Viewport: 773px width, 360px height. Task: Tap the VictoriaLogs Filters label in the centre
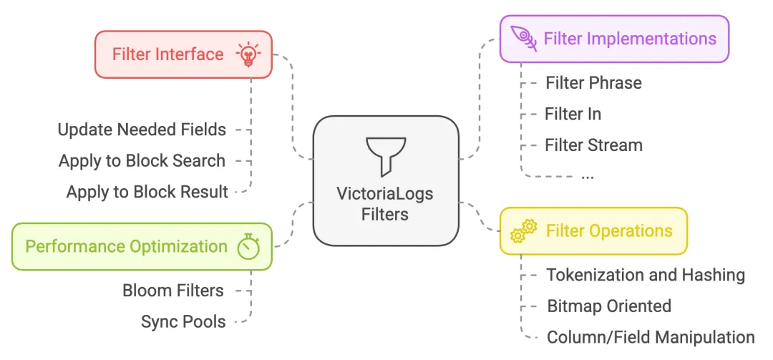tap(385, 204)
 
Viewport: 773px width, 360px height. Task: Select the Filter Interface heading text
tap(167, 54)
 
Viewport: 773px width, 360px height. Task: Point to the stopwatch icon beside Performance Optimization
tap(248, 246)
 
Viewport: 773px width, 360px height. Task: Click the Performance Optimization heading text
tap(126, 246)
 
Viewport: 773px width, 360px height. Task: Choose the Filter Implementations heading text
tap(630, 39)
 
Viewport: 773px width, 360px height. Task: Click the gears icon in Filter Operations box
tap(523, 231)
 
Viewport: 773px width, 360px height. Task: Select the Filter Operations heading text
tap(609, 231)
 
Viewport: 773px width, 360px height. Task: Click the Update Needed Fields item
tap(142, 130)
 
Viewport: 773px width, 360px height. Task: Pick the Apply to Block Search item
tap(142, 161)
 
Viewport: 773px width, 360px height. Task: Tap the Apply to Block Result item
tap(147, 192)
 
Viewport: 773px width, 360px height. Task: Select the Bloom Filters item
tap(173, 291)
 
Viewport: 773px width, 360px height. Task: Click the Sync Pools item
tap(183, 322)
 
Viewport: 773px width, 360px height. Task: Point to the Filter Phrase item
tap(593, 83)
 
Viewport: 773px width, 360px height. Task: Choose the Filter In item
tap(573, 114)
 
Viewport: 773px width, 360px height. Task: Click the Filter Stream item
tap(593, 145)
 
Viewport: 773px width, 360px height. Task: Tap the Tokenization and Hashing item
tap(646, 275)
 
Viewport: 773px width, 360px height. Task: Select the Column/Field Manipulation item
tap(650, 337)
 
